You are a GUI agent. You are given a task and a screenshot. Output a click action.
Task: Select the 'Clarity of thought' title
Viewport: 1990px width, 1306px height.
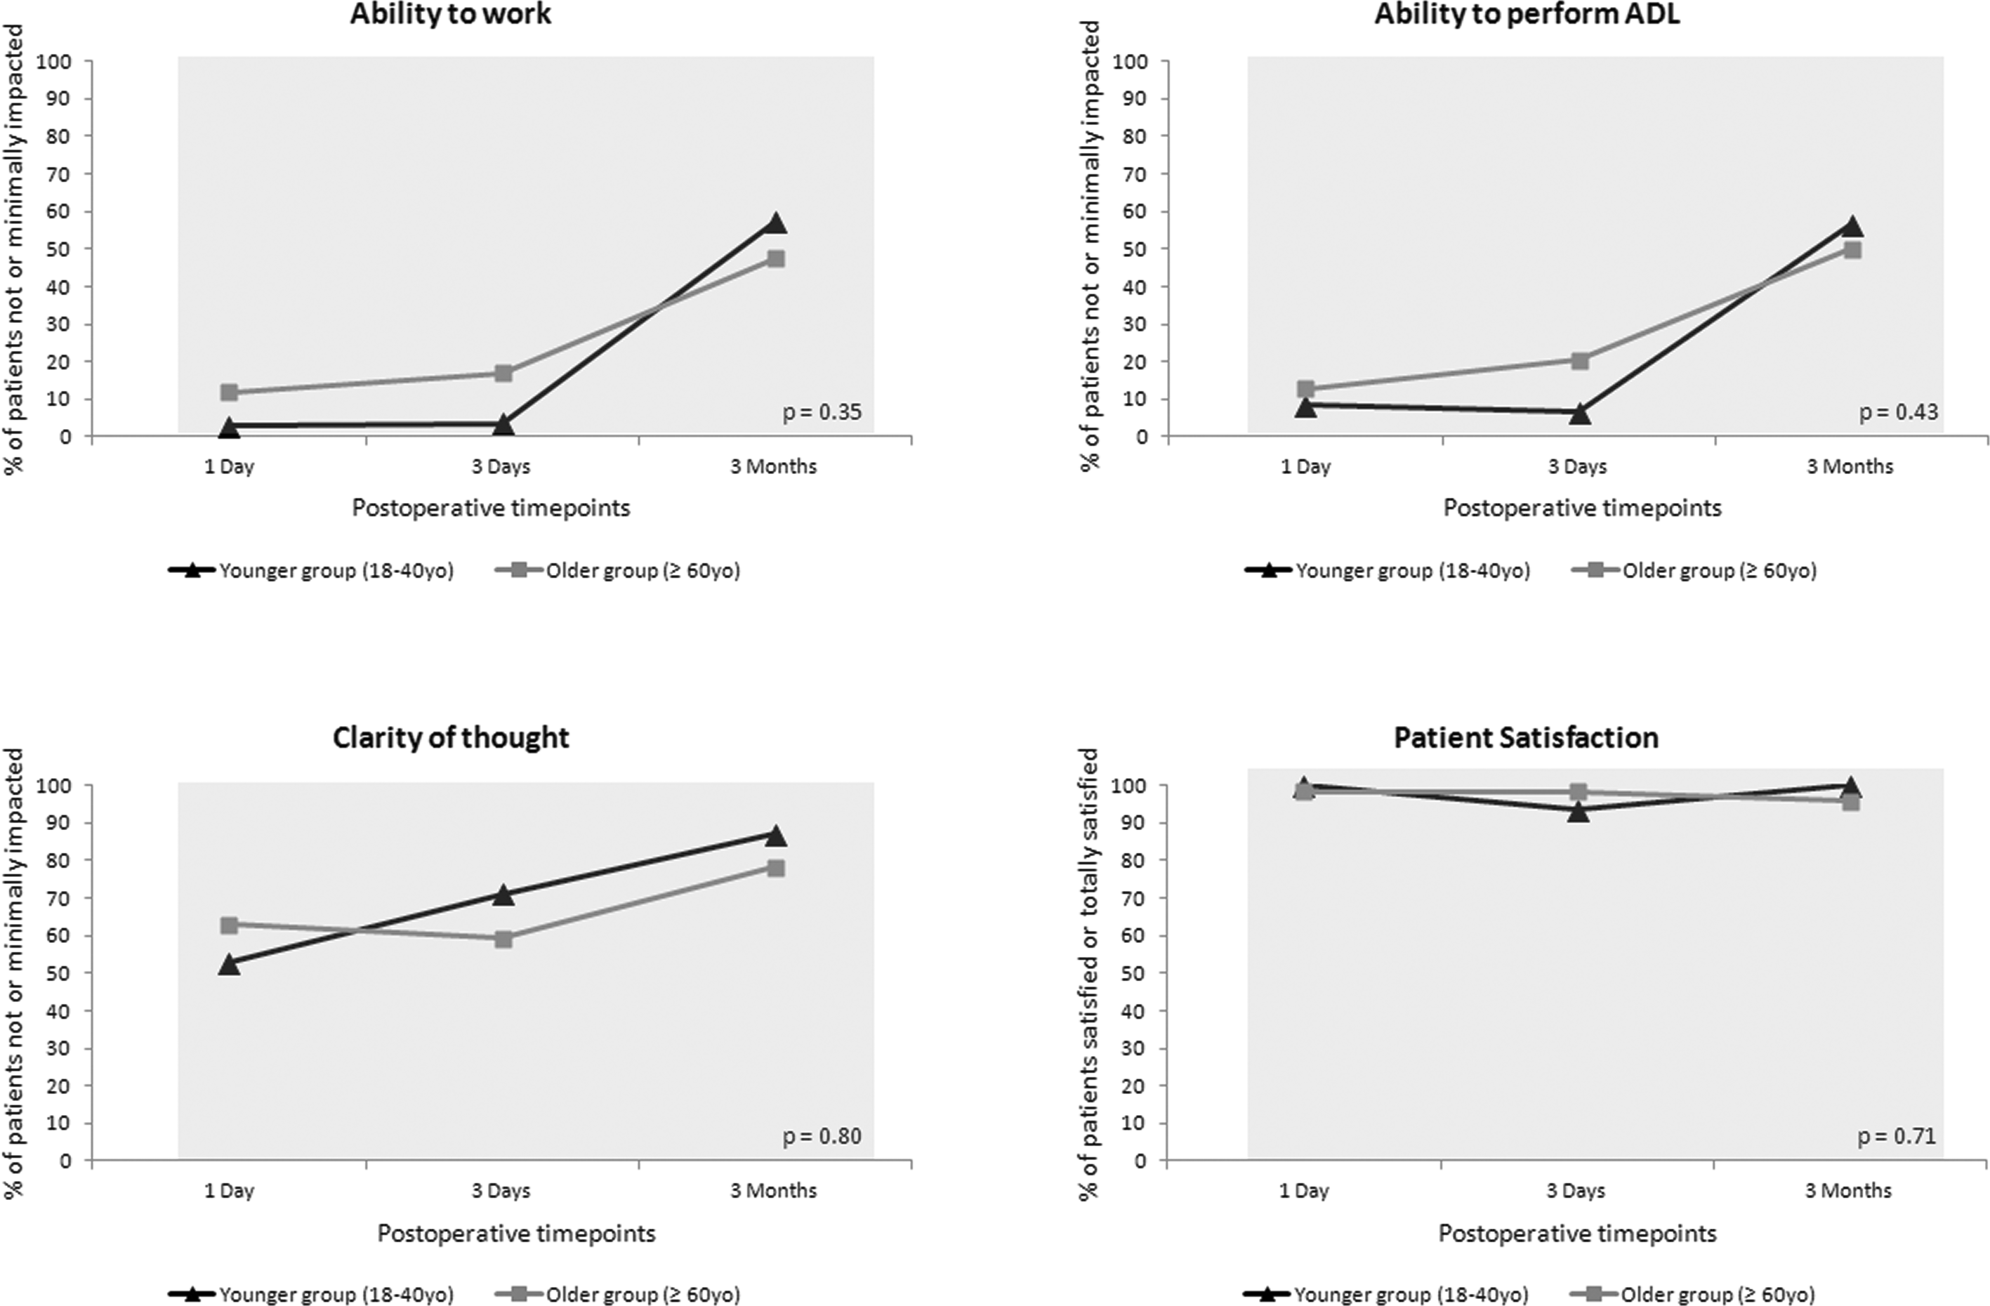[x=451, y=738]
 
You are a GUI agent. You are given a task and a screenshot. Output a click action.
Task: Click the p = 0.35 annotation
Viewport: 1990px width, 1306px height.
[x=822, y=412]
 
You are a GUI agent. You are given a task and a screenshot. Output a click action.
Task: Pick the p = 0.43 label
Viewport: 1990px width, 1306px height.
[x=1898, y=412]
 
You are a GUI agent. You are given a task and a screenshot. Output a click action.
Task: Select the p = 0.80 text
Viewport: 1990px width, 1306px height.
[x=822, y=1136]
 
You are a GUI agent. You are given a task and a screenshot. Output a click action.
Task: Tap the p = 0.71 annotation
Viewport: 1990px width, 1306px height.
[x=1896, y=1136]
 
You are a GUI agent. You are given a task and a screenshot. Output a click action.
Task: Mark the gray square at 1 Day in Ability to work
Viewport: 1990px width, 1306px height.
[x=229, y=392]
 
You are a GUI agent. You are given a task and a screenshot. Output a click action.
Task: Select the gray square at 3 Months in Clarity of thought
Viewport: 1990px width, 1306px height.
[x=776, y=868]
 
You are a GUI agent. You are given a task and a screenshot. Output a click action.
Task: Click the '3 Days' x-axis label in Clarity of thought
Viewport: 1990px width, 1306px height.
[x=501, y=1191]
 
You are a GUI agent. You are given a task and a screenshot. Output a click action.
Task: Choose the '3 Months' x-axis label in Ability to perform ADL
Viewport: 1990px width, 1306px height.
[x=1850, y=467]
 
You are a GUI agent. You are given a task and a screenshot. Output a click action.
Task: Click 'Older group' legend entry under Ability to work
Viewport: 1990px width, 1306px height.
[x=619, y=571]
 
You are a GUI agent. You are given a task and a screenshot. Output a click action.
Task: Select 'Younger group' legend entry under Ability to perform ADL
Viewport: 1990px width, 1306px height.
[x=1388, y=571]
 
